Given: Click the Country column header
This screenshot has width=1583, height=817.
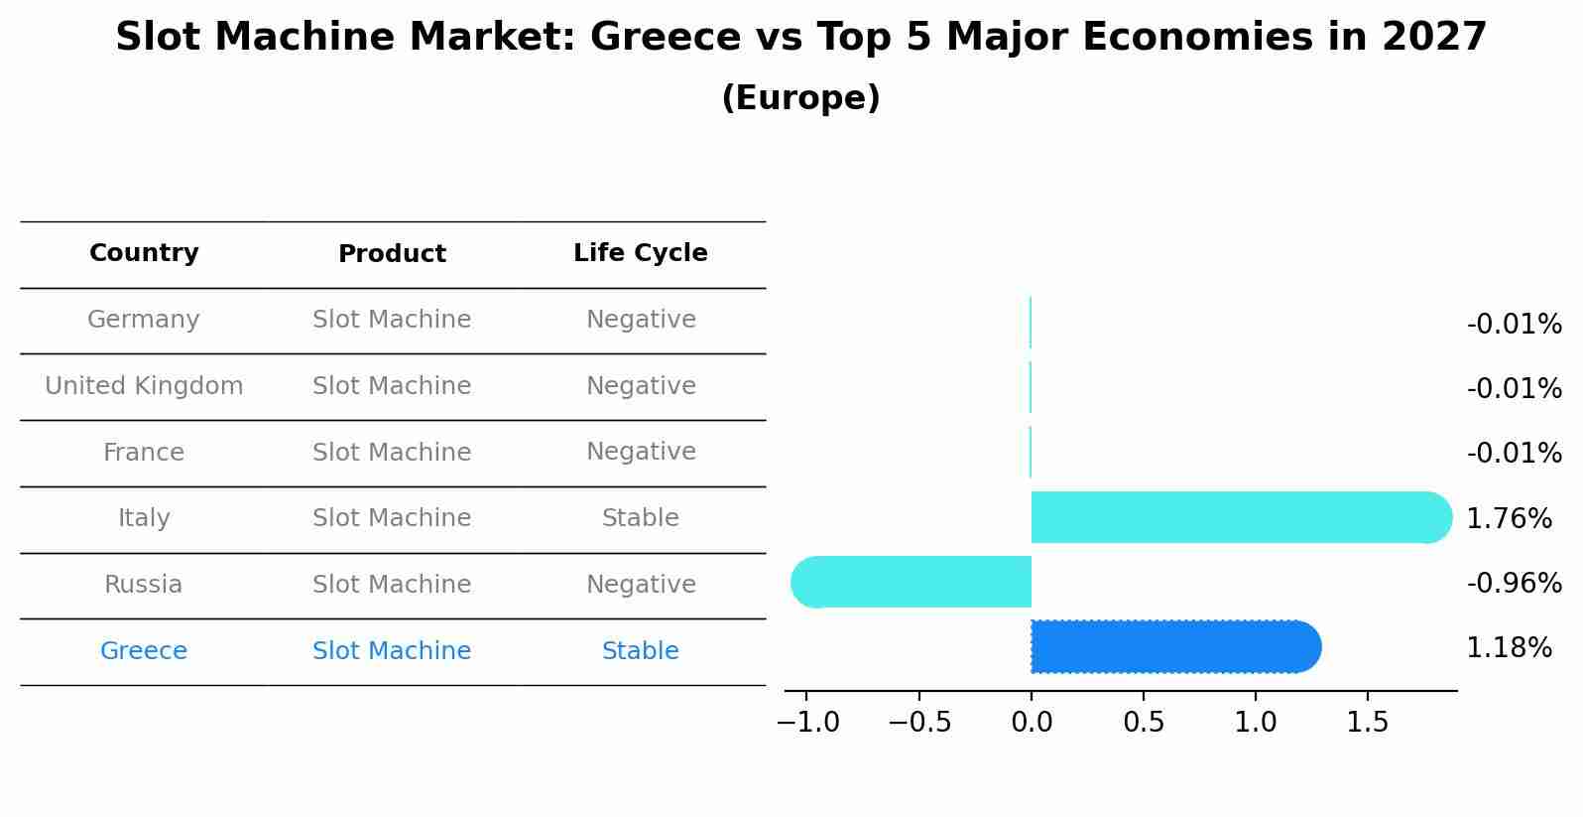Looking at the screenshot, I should [x=144, y=253].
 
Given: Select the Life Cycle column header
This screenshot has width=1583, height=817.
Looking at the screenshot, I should [x=640, y=253].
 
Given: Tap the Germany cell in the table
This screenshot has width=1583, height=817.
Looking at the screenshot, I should [x=144, y=320].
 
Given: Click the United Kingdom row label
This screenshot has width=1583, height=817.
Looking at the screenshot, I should [x=144, y=386].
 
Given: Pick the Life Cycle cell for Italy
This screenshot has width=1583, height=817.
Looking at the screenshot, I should [x=640, y=518].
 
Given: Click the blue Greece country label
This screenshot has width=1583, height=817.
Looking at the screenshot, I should [x=144, y=651].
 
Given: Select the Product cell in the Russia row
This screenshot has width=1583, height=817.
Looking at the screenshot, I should [x=392, y=585].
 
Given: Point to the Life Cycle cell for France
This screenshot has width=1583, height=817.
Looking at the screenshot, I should [x=640, y=452].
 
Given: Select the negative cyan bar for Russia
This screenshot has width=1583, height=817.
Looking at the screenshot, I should [x=913, y=582].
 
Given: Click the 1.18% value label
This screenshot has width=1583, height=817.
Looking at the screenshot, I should [x=1509, y=648].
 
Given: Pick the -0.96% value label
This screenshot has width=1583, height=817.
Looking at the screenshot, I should [x=1514, y=583].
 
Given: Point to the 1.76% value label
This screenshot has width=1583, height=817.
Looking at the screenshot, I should [x=1509, y=518].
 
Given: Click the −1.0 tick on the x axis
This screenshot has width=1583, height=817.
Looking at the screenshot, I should [x=807, y=722].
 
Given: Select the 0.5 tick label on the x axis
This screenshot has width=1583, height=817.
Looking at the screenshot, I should [x=1144, y=722].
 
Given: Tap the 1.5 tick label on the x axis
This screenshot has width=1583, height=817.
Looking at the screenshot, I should [x=1368, y=722].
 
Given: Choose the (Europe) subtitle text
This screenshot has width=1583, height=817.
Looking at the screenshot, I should [x=800, y=98].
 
